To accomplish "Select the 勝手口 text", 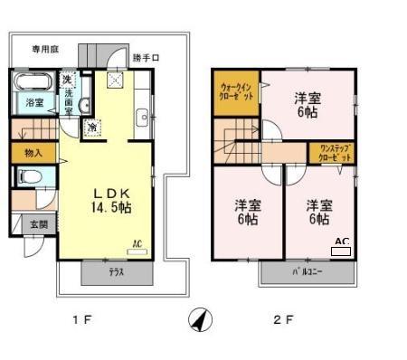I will (146, 58).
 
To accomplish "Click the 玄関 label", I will (38, 223).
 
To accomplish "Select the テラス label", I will (116, 271).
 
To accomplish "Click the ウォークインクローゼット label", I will (237, 91).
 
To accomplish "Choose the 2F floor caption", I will (283, 318).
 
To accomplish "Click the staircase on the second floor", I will (233, 142).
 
